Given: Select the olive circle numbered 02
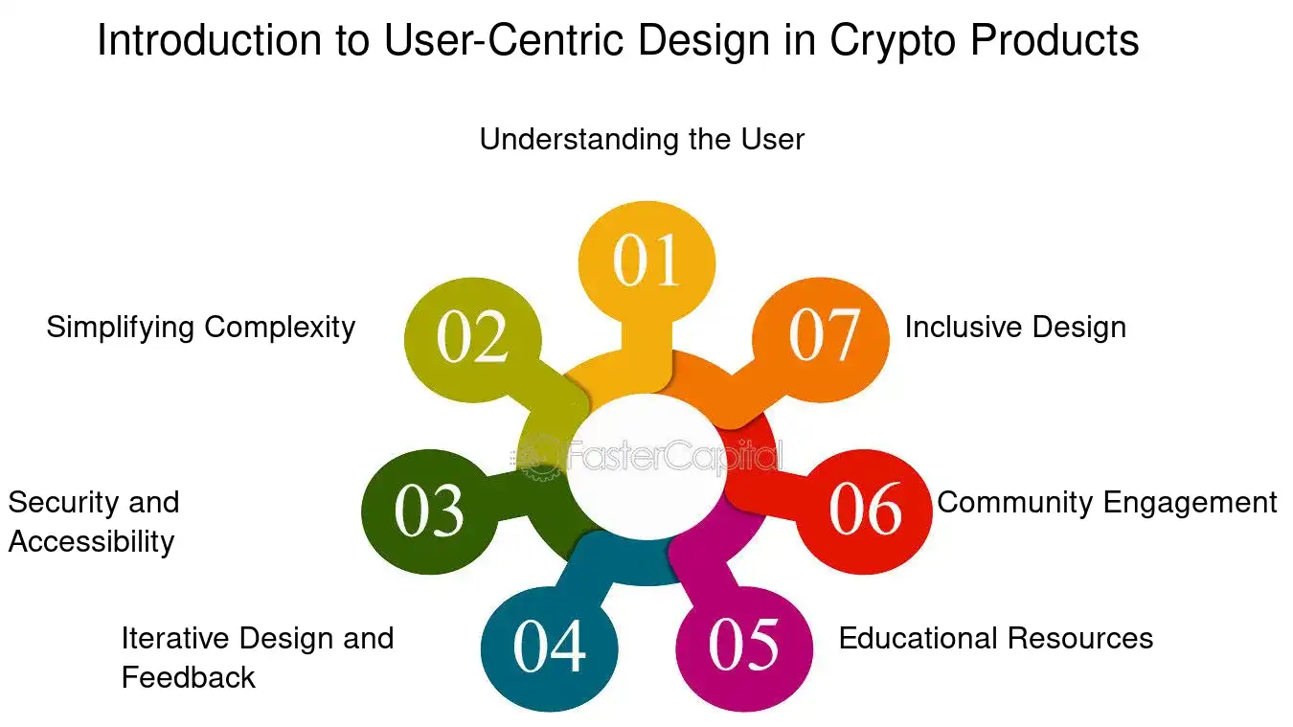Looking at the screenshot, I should [x=472, y=337].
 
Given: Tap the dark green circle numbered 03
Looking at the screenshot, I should [x=429, y=510].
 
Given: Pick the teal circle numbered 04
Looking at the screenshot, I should [x=549, y=647].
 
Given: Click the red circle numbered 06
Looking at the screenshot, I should [x=864, y=509].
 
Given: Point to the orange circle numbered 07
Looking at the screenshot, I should [x=823, y=334].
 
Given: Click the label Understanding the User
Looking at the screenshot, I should [x=642, y=139].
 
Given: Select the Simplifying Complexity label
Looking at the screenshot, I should [x=201, y=327].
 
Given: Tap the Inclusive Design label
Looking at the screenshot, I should [x=1015, y=327].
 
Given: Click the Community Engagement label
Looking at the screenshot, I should [x=1107, y=502].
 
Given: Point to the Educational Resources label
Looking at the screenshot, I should [x=996, y=638].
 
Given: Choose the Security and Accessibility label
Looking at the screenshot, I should [x=93, y=522].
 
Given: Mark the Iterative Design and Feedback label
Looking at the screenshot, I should [x=257, y=657].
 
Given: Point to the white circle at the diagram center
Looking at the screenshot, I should [x=646, y=460].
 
